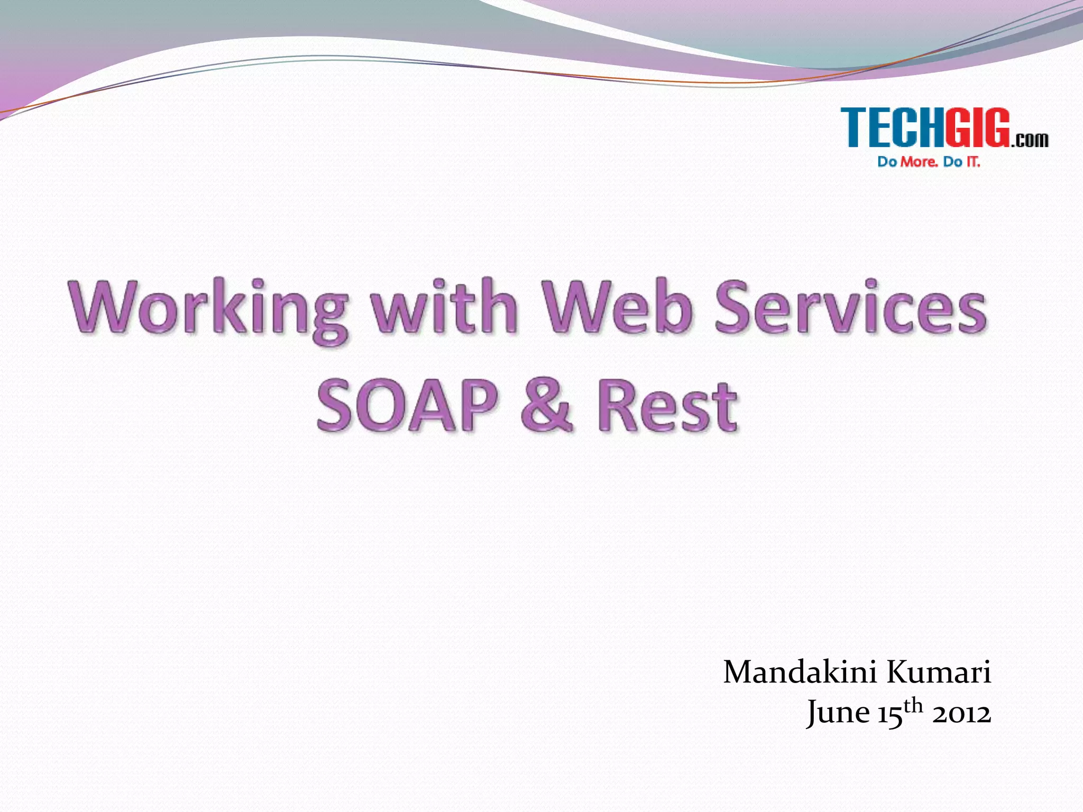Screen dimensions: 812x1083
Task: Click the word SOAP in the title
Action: (x=407, y=406)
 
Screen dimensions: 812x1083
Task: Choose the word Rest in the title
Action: (x=667, y=406)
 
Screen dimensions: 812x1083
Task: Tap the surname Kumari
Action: (x=939, y=673)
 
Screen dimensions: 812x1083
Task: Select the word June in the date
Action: (x=838, y=713)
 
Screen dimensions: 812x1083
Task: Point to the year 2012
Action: (x=961, y=714)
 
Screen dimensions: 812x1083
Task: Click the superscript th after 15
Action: (x=913, y=706)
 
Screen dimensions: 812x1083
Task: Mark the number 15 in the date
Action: (x=889, y=714)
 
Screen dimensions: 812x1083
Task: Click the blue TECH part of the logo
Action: (x=893, y=127)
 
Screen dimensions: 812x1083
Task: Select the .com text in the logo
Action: (x=1030, y=140)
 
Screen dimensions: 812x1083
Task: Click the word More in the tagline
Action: (x=920, y=162)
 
